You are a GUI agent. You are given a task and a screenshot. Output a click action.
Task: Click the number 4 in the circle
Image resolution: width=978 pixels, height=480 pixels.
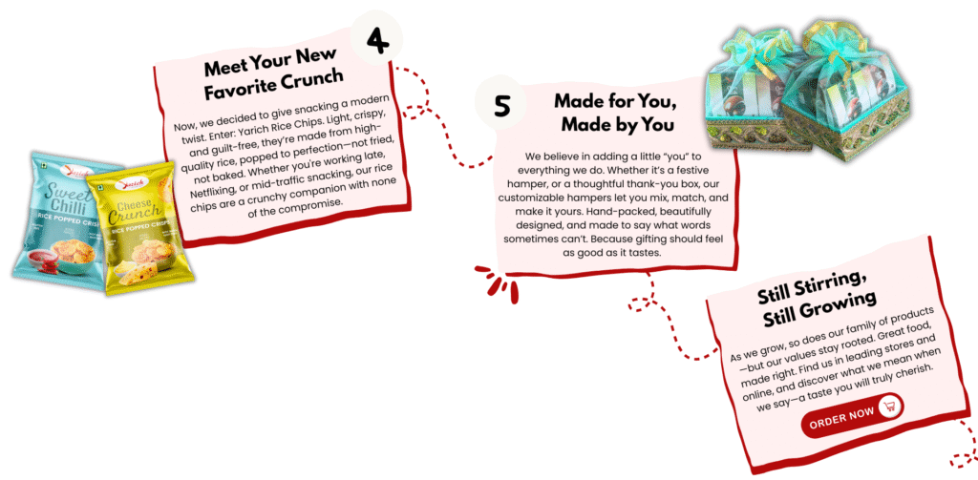376,40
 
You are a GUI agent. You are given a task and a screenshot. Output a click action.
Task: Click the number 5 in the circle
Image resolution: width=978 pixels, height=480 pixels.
501,105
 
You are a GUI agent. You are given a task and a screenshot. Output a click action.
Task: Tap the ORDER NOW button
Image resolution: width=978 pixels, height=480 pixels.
852,415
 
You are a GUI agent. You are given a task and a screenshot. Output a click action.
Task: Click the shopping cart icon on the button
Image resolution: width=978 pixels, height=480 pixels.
889,407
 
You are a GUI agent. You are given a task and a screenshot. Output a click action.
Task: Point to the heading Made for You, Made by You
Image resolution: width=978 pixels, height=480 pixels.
616,113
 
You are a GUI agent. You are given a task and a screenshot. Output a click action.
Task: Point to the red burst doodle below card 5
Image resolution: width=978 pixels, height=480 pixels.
498,282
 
